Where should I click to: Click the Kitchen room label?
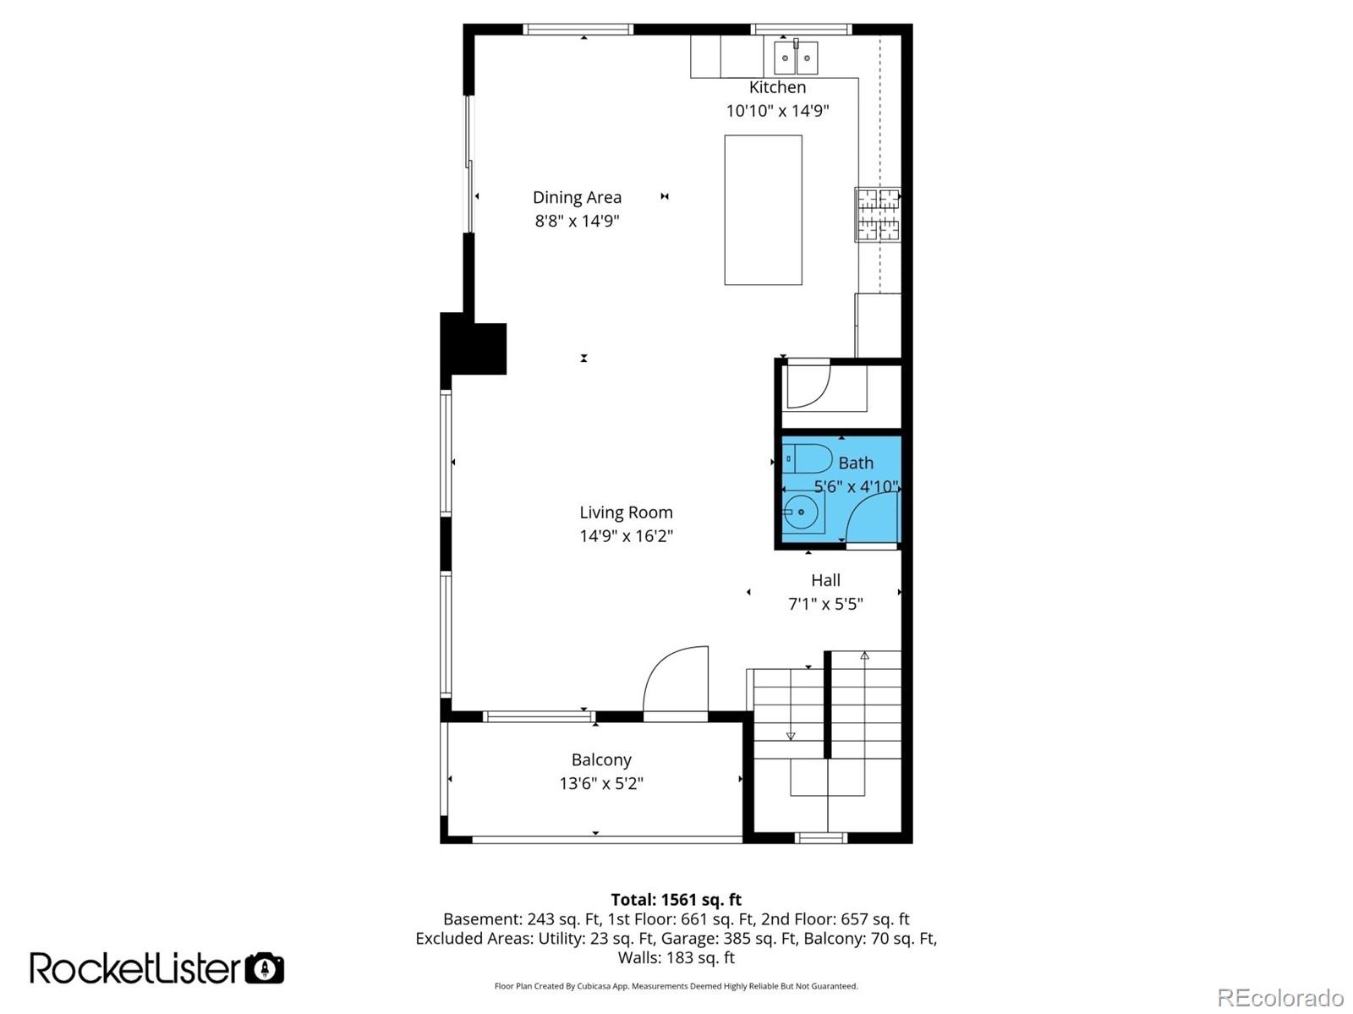click(x=777, y=87)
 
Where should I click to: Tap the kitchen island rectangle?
click(x=763, y=210)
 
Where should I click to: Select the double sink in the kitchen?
click(x=795, y=58)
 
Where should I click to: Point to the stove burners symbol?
click(x=877, y=214)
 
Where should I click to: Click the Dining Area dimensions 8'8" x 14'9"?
click(x=577, y=221)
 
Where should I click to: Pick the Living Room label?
click(x=626, y=512)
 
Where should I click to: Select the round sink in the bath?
click(x=800, y=512)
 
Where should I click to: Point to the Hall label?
click(x=825, y=580)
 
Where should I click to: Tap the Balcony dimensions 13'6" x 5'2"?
click(x=600, y=783)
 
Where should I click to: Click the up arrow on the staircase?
click(x=864, y=655)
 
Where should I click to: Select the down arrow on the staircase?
click(x=791, y=736)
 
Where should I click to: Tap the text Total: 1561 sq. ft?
click(x=676, y=900)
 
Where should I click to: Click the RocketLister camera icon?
click(x=265, y=968)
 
